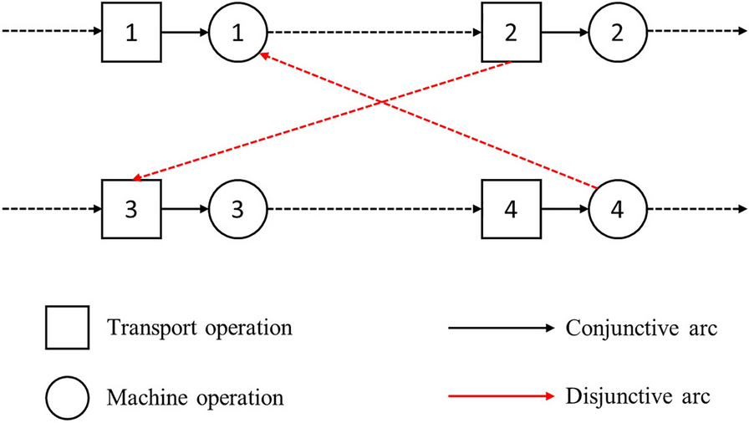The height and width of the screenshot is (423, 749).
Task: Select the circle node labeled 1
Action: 237,33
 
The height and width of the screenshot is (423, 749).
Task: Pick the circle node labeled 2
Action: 618,33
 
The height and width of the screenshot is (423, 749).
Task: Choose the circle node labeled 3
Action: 237,207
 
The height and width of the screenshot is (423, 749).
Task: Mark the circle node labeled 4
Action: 618,207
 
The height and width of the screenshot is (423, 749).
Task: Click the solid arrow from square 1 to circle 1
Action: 183,33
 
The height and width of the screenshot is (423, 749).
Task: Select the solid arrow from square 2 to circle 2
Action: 564,33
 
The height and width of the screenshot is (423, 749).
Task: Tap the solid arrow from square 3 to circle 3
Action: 183,207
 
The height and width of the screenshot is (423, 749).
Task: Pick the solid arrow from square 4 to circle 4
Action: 564,207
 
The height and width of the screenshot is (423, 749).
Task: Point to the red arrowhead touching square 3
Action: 138,176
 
